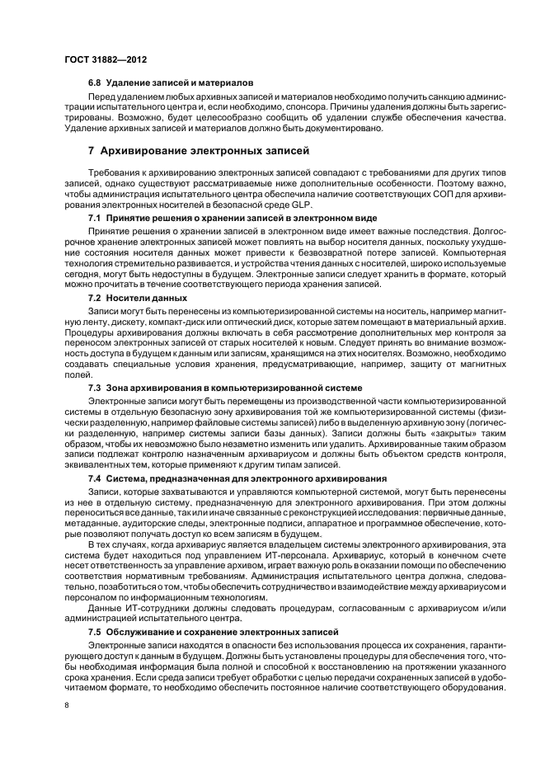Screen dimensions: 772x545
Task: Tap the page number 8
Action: coord(68,706)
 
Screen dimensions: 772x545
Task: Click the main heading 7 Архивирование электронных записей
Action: coord(199,151)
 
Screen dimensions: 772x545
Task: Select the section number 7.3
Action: coord(94,386)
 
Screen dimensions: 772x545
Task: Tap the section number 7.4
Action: coord(94,478)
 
